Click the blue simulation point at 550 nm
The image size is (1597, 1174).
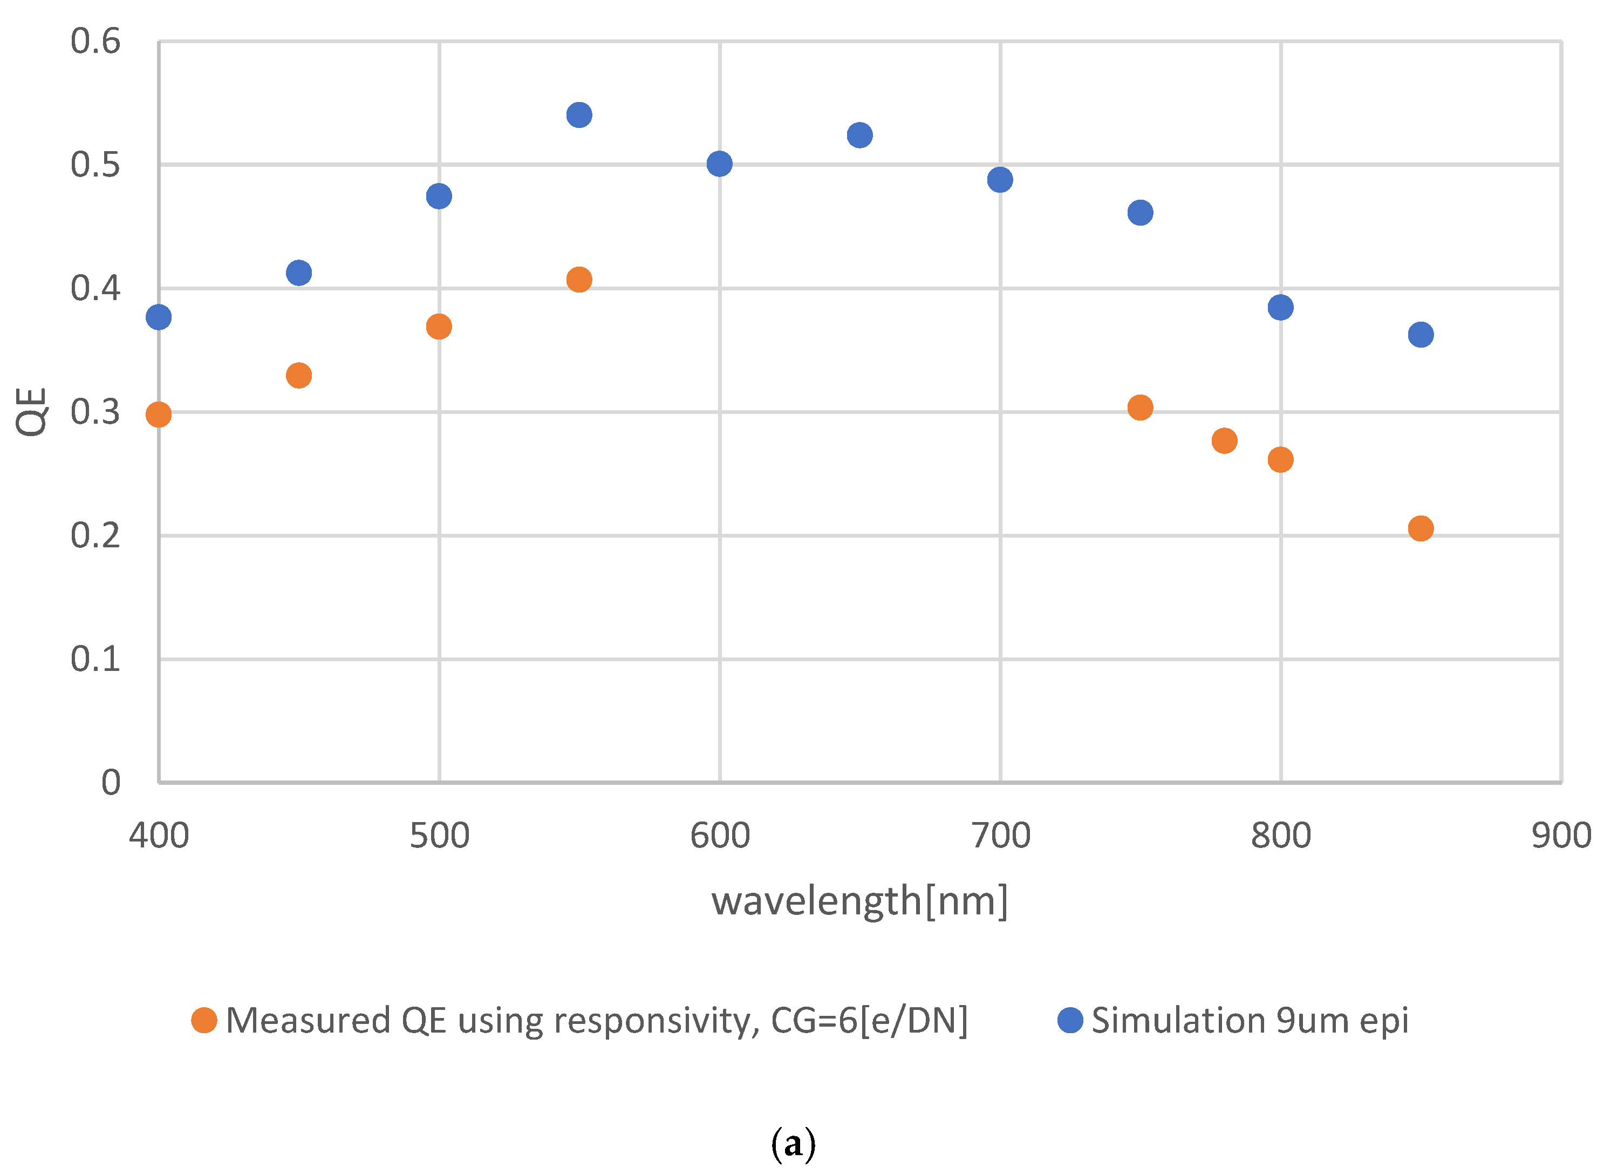tap(579, 114)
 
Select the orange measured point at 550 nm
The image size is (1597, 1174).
tap(579, 279)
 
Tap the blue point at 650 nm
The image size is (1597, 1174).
tap(859, 135)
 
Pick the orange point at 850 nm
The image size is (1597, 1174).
tap(1420, 528)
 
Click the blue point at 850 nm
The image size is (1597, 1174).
tap(1420, 334)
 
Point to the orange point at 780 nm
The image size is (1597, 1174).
tap(1224, 440)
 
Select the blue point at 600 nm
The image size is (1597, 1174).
tap(720, 164)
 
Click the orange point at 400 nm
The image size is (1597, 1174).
tap(159, 415)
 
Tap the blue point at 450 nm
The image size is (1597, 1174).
tap(299, 272)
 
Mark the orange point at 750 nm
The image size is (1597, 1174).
tap(1140, 407)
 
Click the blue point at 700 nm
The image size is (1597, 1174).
tap(1000, 180)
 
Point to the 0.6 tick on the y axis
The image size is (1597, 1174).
tap(95, 41)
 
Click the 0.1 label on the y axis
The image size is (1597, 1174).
tap(95, 659)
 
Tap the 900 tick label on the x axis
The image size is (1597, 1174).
tap(1561, 836)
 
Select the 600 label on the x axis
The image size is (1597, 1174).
tap(720, 836)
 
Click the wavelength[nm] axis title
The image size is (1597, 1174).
tap(859, 901)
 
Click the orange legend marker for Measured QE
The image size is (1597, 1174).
tap(204, 1021)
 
